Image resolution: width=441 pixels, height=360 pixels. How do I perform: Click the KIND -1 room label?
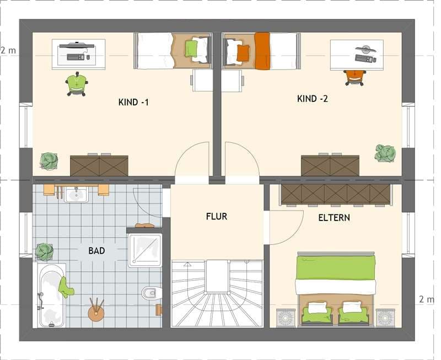pyautogui.click(x=133, y=102)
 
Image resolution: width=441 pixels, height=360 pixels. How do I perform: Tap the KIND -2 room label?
pyautogui.click(x=313, y=99)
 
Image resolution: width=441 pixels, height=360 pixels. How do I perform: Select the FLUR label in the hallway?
pyautogui.click(x=217, y=217)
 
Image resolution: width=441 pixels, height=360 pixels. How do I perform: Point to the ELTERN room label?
pyautogui.click(x=334, y=218)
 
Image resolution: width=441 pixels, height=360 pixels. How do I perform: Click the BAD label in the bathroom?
pyautogui.click(x=96, y=251)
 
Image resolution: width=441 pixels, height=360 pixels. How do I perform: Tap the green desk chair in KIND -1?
pyautogui.click(x=77, y=84)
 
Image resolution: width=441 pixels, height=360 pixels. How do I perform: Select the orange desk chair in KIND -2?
pyautogui.click(x=355, y=77)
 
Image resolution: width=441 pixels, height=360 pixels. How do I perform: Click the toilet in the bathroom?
pyautogui.click(x=151, y=293)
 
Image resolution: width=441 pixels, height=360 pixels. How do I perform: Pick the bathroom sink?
pyautogui.click(x=76, y=194)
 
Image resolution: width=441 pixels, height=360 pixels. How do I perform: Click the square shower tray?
pyautogui.click(x=145, y=250)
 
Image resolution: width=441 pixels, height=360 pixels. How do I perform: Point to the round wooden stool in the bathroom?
pyautogui.click(x=96, y=313)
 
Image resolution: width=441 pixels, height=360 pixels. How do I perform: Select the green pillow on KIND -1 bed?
pyautogui.click(x=191, y=49)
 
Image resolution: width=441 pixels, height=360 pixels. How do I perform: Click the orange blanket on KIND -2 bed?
pyautogui.click(x=262, y=51)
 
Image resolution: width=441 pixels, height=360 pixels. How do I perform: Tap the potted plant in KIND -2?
pyautogui.click(x=385, y=153)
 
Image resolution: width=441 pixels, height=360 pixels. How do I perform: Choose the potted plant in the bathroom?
pyautogui.click(x=45, y=251)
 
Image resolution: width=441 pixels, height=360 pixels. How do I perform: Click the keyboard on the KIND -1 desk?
pyautogui.click(x=76, y=57)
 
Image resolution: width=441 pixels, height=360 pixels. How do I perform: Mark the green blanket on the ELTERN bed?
pyautogui.click(x=336, y=268)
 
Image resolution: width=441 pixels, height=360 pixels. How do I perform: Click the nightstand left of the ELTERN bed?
pyautogui.click(x=286, y=318)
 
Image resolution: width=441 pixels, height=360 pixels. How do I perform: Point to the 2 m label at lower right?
pyautogui.click(x=426, y=299)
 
